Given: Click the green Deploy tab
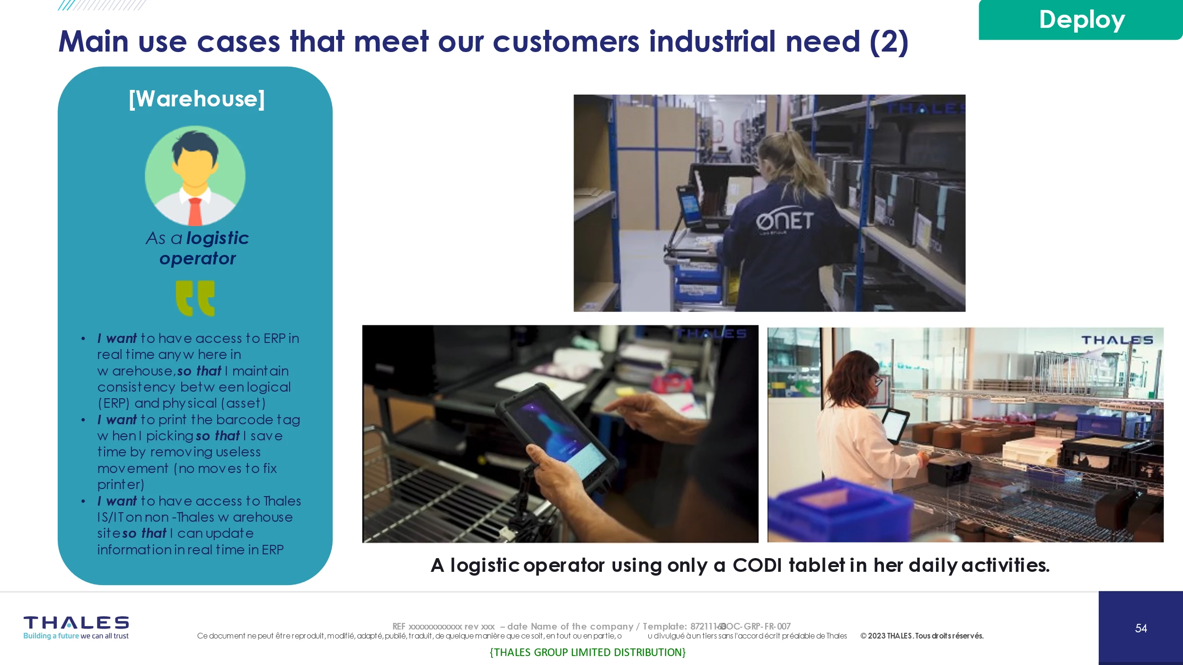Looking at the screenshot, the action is point(1081,20).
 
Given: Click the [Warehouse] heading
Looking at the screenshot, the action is point(197,99).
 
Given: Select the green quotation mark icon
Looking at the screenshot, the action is point(195,298).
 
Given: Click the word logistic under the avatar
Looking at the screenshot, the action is point(218,238).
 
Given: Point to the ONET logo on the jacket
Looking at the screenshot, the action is point(784,220).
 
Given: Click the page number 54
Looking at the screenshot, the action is point(1141,628).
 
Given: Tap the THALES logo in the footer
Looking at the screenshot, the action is point(76,622).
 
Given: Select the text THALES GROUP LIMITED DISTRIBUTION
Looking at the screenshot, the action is point(588,652).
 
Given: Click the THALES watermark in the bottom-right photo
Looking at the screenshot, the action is point(1117,340).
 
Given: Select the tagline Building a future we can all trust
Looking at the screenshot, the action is point(76,636).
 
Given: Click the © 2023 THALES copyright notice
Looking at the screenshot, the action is point(922,636).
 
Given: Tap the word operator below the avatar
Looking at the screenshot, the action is point(197,259).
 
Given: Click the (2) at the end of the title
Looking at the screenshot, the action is point(889,42).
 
